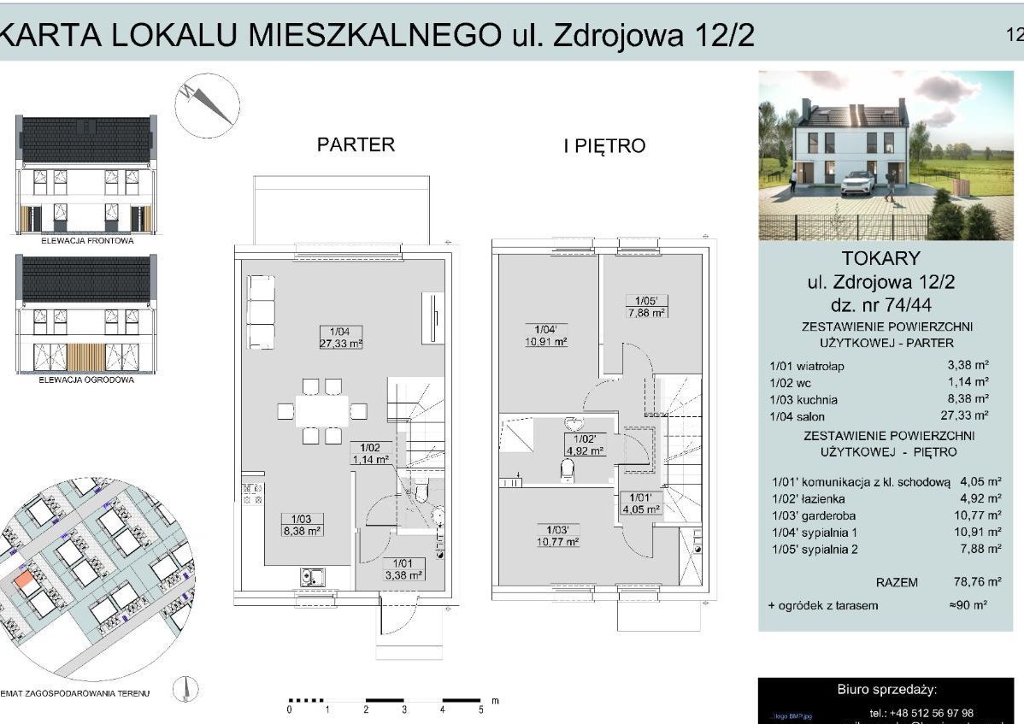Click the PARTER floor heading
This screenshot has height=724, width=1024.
[x=356, y=144]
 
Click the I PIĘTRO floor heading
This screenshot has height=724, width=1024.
[x=603, y=146]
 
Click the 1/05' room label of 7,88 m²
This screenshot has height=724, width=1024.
[x=645, y=306]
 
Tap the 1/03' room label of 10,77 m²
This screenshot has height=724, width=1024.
[x=558, y=535]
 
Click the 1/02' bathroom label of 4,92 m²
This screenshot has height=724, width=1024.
[x=585, y=445]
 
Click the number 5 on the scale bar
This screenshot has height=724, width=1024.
[x=480, y=709]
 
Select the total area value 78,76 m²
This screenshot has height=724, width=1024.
[x=977, y=582]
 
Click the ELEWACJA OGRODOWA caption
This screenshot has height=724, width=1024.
[x=86, y=380]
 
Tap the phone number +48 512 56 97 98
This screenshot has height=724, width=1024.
[x=921, y=713]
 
